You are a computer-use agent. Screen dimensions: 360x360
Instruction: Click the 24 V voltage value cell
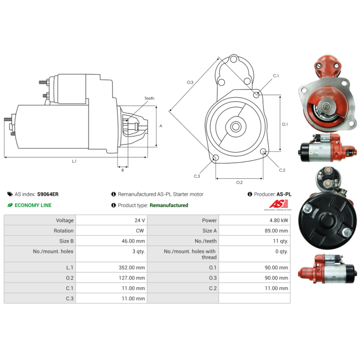139,220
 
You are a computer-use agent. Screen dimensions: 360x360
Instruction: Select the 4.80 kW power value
279,220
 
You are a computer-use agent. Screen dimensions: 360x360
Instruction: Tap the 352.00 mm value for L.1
132,267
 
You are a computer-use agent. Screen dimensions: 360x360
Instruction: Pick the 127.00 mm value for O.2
132,278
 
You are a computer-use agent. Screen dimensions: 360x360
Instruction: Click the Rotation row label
63,231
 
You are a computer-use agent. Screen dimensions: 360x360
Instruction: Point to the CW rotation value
140,231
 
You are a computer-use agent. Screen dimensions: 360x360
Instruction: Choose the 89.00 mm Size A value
276,231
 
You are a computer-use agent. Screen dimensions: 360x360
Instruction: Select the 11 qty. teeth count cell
280,241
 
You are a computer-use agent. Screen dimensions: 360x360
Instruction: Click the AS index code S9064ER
48,194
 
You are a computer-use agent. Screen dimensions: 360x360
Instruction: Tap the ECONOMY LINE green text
33,205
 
